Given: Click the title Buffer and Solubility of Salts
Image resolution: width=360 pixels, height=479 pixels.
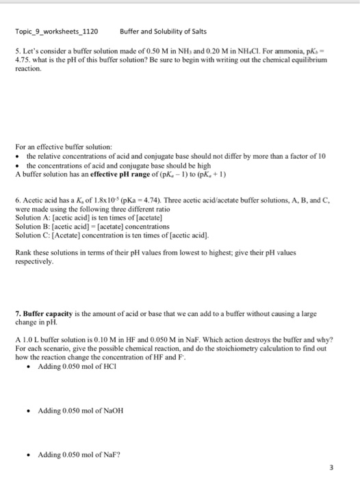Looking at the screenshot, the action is (x=162, y=31).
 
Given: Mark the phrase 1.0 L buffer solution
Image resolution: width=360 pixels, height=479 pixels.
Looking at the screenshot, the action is (x=55, y=339).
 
